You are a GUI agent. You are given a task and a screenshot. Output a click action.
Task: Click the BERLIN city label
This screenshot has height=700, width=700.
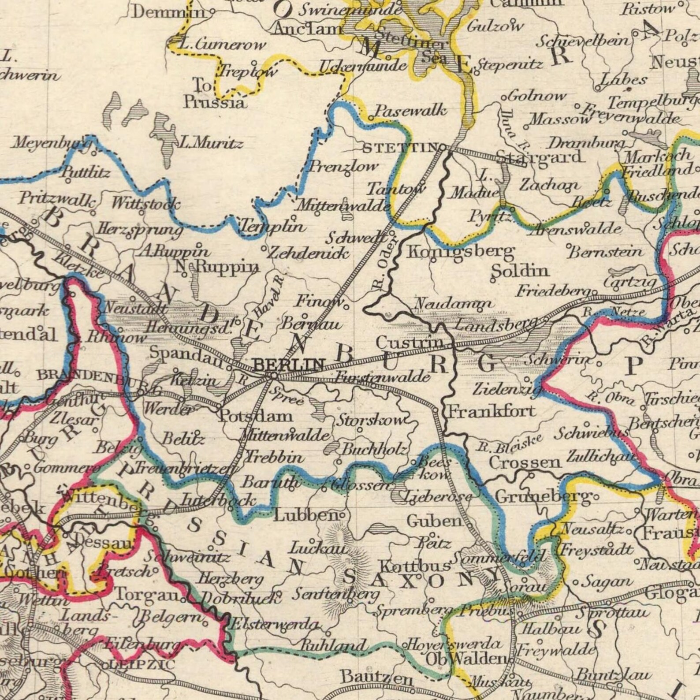(289, 364)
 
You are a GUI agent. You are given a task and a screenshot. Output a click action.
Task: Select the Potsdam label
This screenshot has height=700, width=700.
(256, 416)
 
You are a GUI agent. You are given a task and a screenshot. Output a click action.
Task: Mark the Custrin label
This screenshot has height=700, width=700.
(410, 342)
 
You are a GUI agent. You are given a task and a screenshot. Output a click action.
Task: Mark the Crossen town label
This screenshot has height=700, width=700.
(525, 462)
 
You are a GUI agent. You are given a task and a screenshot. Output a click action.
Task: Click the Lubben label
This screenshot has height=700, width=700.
(305, 515)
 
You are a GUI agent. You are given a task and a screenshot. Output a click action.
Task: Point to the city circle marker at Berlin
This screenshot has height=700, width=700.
(273, 376)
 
